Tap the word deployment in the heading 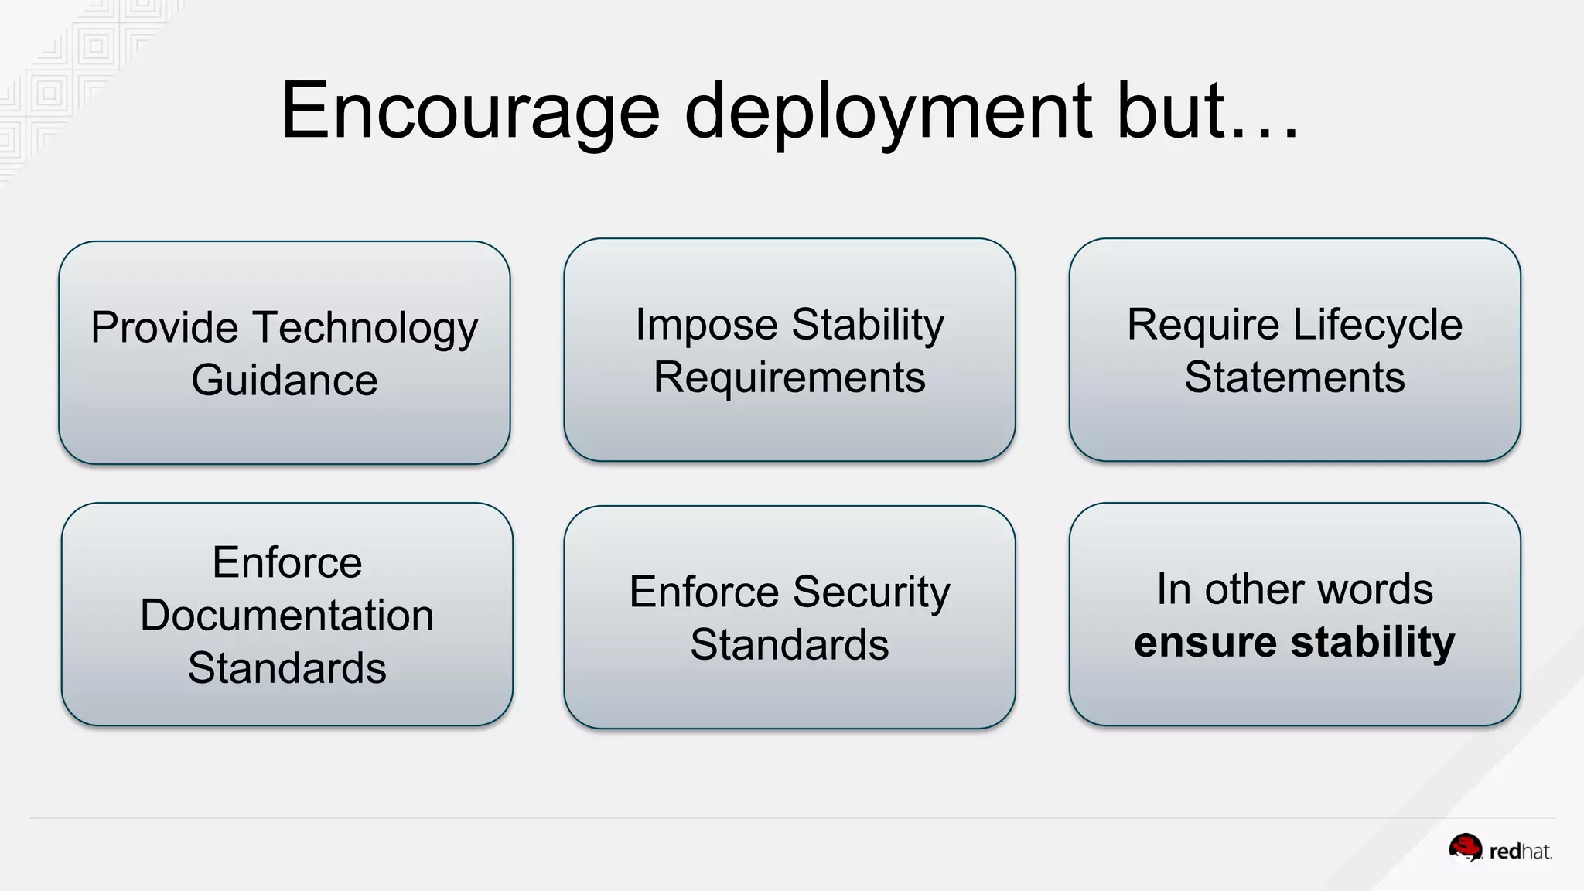point(889,112)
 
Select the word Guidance point(285,381)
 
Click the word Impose point(705,325)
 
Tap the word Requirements point(789,377)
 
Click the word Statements point(1294,377)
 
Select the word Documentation point(287,616)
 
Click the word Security point(871,592)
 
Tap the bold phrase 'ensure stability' point(1294,642)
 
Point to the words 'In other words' point(1294,589)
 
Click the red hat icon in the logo point(1465,848)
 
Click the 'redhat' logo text point(1520,852)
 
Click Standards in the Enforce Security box point(789,645)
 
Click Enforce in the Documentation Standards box point(287,562)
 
